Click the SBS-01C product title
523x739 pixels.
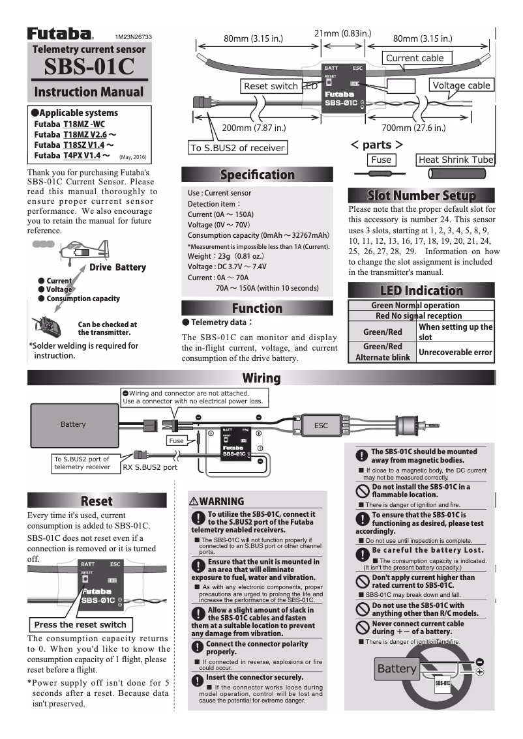[89, 66]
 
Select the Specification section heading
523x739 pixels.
[257, 175]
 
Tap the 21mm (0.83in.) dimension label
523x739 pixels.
[343, 33]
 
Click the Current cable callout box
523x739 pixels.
[415, 58]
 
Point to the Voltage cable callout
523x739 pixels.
[461, 85]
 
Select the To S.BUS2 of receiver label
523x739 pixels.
[237, 148]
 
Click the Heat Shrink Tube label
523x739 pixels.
[455, 160]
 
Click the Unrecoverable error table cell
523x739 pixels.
[455, 352]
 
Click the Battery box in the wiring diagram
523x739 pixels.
[73, 424]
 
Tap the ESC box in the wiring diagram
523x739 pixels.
[321, 425]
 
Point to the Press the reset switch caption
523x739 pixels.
[80, 624]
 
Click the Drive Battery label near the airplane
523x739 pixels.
[117, 267]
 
